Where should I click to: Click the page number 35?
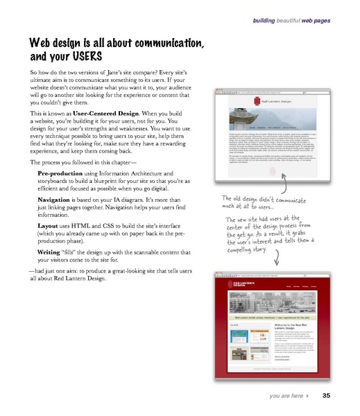[326, 397]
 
